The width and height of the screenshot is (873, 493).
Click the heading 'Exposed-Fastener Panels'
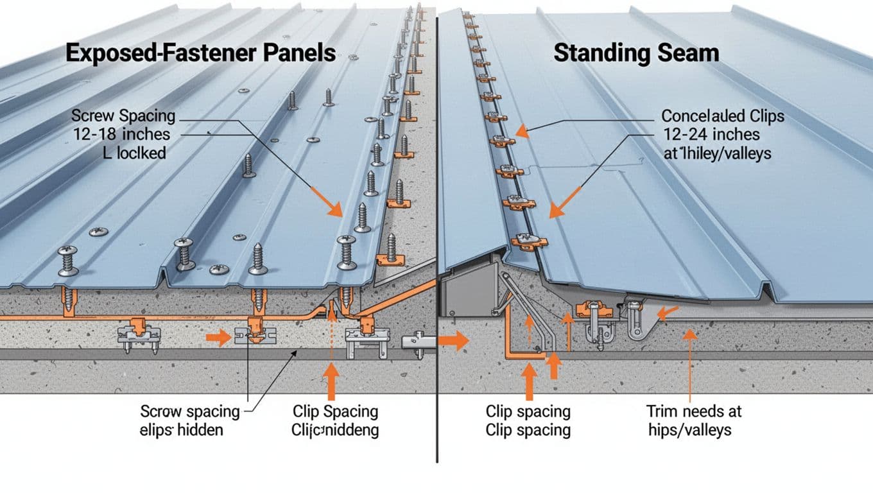(x=200, y=53)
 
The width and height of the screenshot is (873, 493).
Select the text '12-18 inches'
(x=121, y=134)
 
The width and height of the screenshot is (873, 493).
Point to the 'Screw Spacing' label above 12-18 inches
(x=123, y=116)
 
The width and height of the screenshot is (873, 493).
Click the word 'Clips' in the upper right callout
(x=762, y=116)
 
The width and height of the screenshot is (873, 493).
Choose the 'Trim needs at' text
(x=693, y=411)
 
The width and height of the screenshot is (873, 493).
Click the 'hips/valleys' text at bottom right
(x=689, y=429)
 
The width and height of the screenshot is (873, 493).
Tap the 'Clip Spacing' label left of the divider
(x=335, y=411)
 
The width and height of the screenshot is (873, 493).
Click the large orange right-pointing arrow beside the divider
(x=455, y=341)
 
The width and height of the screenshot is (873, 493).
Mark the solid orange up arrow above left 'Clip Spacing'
(x=331, y=380)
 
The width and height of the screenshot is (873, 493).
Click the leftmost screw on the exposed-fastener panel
(x=67, y=260)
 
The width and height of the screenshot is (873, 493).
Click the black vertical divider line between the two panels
(x=437, y=257)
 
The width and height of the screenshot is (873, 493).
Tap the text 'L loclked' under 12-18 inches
(x=135, y=153)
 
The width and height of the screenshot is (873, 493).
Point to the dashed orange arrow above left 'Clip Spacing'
(x=331, y=334)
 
